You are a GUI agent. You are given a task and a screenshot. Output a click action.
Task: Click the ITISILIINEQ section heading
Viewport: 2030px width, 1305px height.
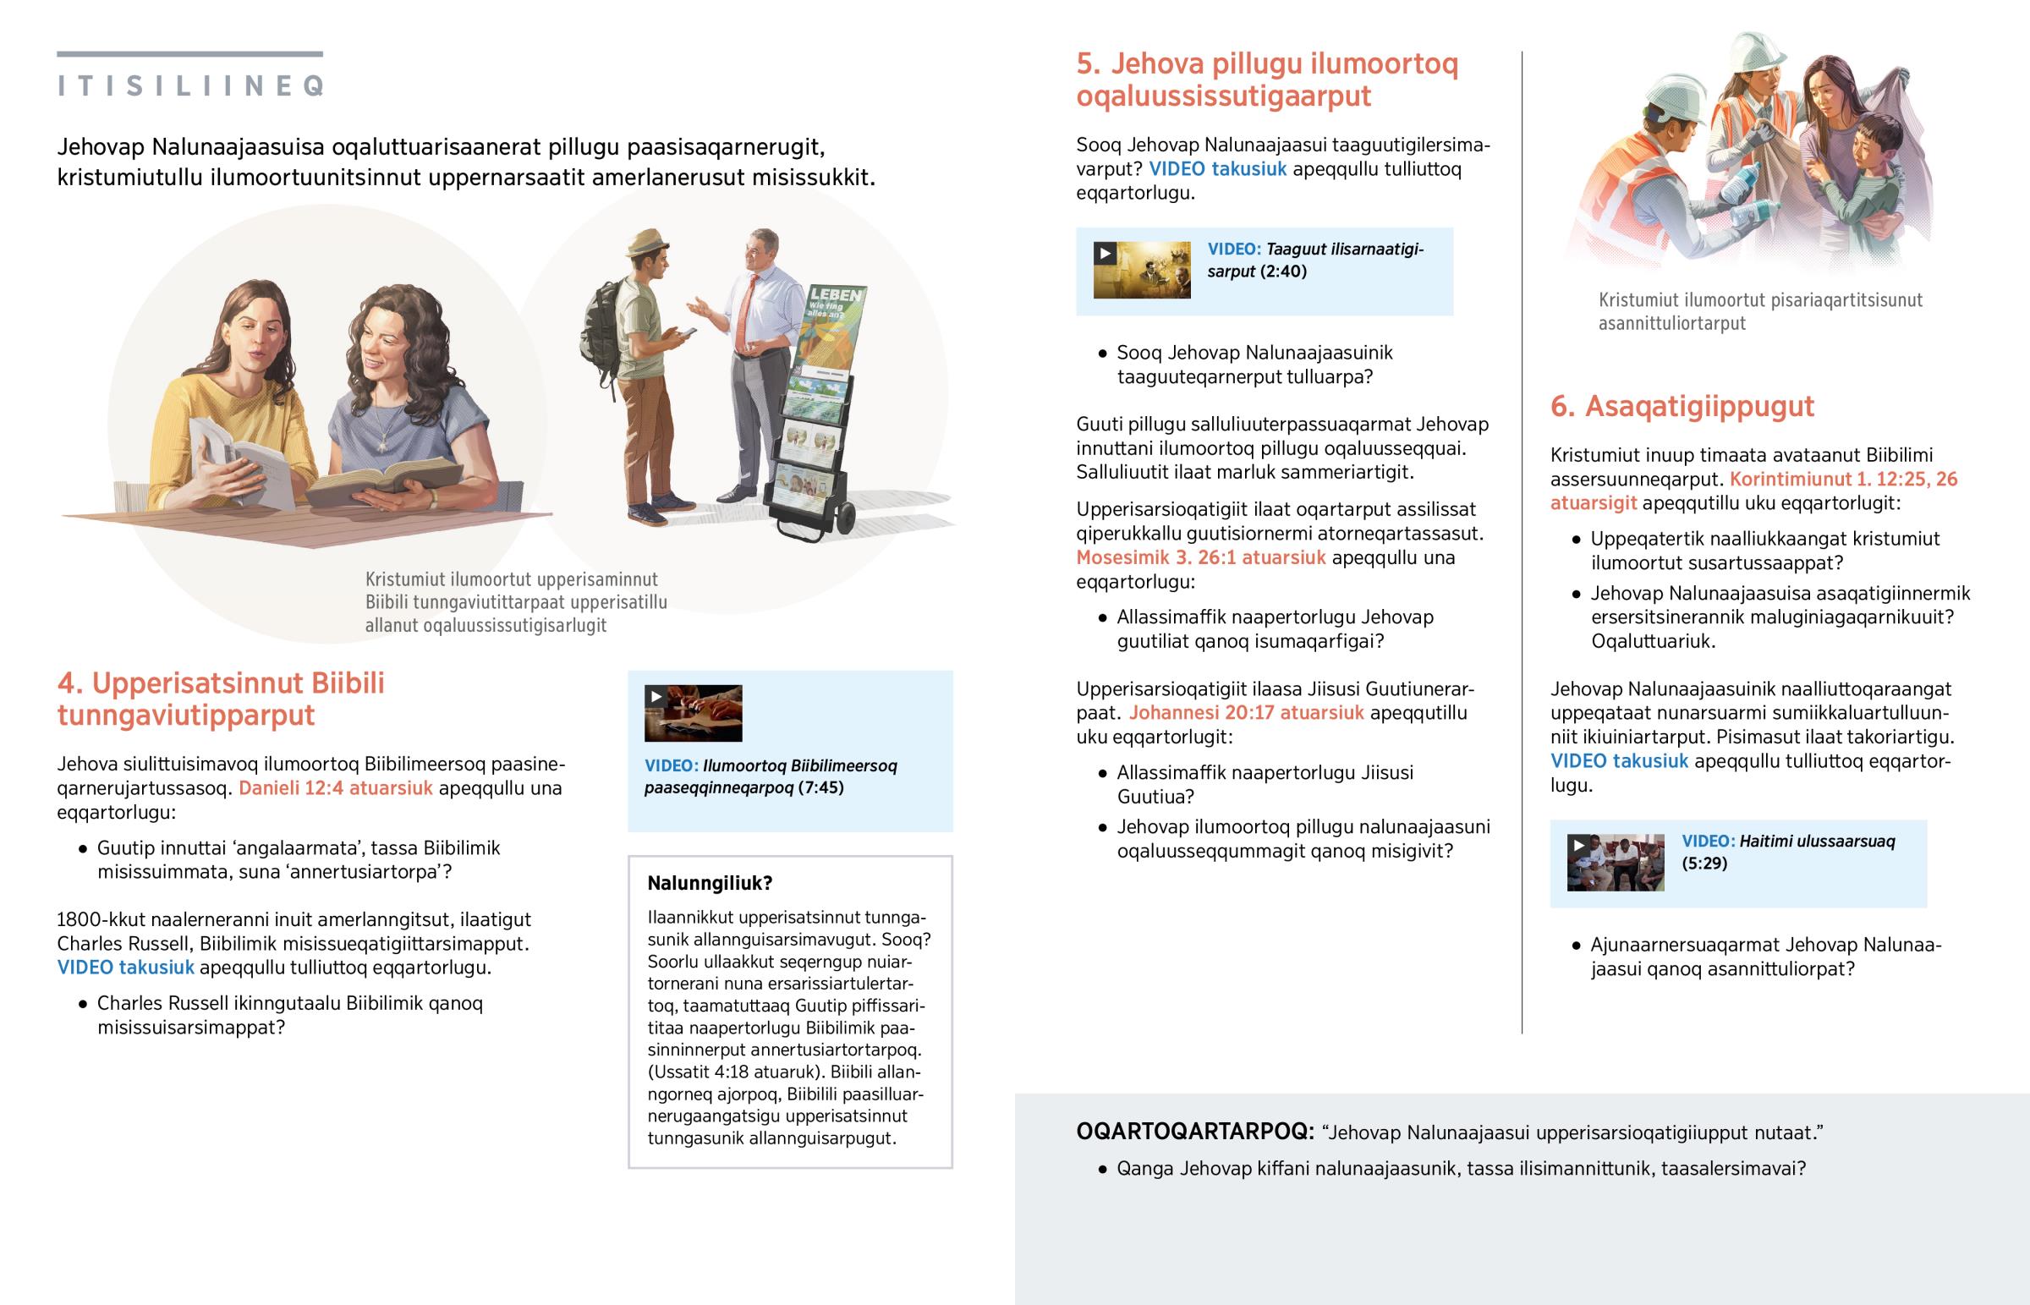point(190,85)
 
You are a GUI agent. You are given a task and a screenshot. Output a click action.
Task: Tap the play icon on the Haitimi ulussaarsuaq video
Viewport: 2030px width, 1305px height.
point(1578,846)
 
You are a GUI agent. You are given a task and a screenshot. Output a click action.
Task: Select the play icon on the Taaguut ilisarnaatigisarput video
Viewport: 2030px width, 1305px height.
point(1105,254)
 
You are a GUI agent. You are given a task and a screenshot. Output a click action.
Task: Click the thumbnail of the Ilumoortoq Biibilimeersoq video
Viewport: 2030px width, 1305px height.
point(693,713)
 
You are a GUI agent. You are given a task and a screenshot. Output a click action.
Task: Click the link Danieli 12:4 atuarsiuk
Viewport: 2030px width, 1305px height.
point(336,788)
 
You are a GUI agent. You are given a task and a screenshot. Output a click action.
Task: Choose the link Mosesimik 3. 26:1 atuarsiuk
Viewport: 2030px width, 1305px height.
point(1200,557)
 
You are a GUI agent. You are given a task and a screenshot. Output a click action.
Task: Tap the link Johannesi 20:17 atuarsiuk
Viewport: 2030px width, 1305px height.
point(1246,713)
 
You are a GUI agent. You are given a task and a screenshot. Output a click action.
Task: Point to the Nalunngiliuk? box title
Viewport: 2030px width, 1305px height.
point(710,883)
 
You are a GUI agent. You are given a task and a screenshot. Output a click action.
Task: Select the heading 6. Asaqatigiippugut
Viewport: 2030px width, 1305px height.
point(1682,406)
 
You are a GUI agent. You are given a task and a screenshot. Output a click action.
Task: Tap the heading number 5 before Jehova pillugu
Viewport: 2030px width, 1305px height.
point(1088,63)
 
